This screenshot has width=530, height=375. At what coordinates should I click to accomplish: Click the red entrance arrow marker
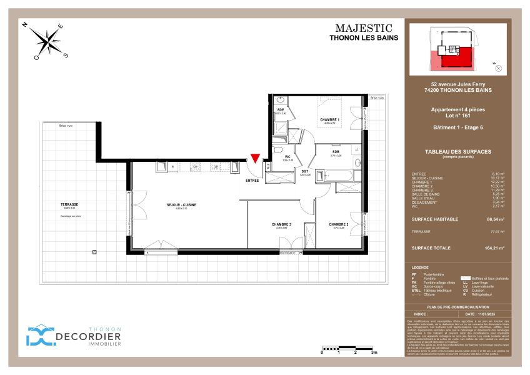[x=254, y=161]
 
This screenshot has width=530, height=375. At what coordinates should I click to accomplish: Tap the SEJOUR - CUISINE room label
[x=182, y=205]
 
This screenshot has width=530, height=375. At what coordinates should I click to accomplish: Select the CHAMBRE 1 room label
[x=329, y=119]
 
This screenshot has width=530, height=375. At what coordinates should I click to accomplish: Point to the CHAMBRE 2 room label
[x=339, y=224]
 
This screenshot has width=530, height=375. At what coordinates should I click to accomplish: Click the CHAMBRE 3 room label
[x=281, y=224]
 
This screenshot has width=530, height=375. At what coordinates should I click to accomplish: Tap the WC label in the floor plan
[x=288, y=157]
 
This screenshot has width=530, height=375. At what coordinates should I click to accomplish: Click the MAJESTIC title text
[x=364, y=28]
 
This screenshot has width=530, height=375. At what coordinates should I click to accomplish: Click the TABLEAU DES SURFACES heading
[x=457, y=152]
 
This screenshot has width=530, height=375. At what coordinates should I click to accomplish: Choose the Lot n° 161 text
[x=457, y=116]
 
